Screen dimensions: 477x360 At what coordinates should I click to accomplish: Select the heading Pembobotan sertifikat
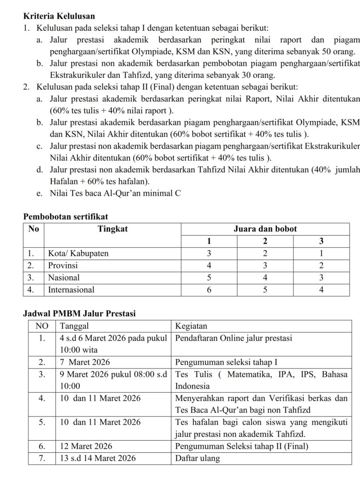[x=66, y=217]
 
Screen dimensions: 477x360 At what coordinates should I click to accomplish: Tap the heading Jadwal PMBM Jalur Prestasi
[x=79, y=313]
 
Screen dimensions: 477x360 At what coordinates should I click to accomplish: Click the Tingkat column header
[x=112, y=229]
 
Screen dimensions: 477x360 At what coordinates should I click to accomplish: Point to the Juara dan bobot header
[x=265, y=229]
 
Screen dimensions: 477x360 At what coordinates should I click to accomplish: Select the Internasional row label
[x=71, y=289]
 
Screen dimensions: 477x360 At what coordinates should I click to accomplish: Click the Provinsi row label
[x=63, y=265]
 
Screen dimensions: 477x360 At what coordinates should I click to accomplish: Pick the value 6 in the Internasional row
[x=209, y=289]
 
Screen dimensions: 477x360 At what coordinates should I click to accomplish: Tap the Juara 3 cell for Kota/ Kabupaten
[x=321, y=253]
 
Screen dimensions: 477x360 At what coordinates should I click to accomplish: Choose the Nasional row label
[x=64, y=277]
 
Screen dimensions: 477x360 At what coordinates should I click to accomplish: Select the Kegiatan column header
[x=191, y=326]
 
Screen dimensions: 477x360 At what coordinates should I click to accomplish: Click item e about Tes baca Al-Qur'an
[x=115, y=192]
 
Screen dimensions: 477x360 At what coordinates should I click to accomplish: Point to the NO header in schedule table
[x=42, y=326]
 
